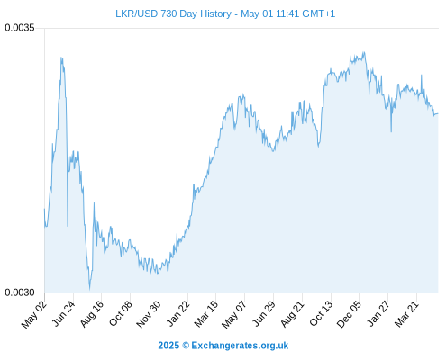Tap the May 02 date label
click(34, 314)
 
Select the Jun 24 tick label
click(63, 313)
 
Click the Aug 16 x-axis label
click(92, 314)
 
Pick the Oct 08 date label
click(120, 313)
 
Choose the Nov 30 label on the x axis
click(149, 314)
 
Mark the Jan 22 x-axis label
click(177, 313)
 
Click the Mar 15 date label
click(205, 314)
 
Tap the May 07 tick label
click(234, 314)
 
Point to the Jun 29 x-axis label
click(264, 313)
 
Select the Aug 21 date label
click(292, 314)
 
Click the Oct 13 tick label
click(321, 313)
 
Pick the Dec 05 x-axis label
click(349, 314)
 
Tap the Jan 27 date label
click(378, 313)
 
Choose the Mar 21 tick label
click(406, 314)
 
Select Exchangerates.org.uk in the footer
click(240, 346)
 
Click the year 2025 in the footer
click(168, 346)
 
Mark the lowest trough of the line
click(89, 290)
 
